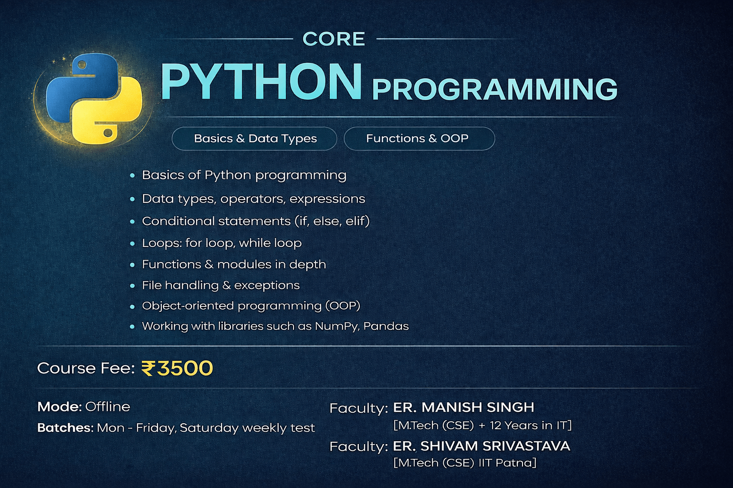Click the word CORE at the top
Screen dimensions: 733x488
[334, 39]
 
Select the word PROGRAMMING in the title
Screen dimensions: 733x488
[494, 89]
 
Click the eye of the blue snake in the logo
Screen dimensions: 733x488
[82, 65]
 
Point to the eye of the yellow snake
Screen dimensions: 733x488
[107, 132]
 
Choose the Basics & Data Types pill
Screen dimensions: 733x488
[254, 139]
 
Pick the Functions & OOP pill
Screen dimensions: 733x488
[419, 139]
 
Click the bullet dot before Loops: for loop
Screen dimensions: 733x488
[132, 244]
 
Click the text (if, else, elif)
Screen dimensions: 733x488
[332, 221]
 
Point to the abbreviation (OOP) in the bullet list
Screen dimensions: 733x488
[343, 305]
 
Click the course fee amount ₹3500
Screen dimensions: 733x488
[177, 368]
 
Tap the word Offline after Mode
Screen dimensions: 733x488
[108, 407]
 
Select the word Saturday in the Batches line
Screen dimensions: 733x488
[209, 427]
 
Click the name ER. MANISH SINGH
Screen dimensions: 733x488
[463, 407]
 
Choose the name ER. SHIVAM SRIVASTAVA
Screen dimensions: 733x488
[482, 446]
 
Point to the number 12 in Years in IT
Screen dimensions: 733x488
[495, 425]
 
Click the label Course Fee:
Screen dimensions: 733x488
[86, 368]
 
